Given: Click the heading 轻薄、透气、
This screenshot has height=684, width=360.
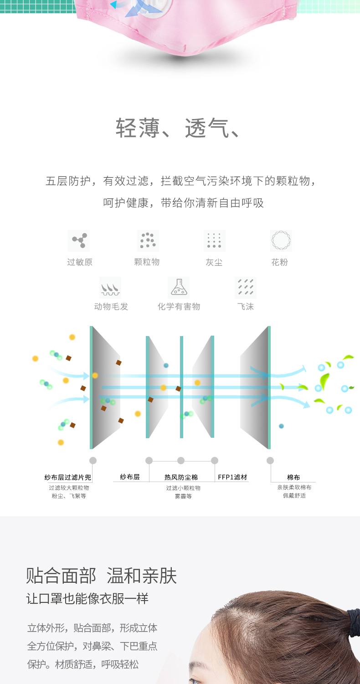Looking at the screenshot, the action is (x=178, y=128).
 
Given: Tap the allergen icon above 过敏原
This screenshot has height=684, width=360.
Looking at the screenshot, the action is (x=79, y=241).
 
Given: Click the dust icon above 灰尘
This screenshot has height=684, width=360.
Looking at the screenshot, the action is (x=214, y=241).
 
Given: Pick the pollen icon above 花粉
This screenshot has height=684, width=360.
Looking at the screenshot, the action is (x=281, y=241).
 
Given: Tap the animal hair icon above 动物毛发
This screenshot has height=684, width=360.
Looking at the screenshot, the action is (x=110, y=288).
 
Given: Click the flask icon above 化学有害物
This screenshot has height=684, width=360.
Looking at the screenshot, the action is (x=179, y=288).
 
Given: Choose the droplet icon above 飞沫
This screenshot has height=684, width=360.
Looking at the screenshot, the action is (x=246, y=288).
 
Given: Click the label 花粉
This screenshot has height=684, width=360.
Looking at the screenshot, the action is (x=280, y=262).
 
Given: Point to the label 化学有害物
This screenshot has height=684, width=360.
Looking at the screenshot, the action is (x=179, y=307).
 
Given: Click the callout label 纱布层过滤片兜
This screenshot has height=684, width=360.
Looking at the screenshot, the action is (x=68, y=477).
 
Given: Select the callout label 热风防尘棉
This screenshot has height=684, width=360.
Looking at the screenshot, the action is (x=181, y=477).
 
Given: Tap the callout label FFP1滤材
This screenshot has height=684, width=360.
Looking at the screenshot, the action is (x=232, y=477).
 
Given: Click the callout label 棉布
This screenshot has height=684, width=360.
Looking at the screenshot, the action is (x=293, y=477).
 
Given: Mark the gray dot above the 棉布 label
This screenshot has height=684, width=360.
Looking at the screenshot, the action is (x=270, y=461).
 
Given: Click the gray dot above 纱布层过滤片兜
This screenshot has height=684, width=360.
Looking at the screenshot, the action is (x=93, y=461).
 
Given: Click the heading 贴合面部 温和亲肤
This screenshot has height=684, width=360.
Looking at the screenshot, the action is (x=101, y=576).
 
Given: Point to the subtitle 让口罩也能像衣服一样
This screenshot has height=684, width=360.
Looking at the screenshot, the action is (x=87, y=599).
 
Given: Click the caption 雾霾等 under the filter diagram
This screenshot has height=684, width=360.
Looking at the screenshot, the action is (x=183, y=496).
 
